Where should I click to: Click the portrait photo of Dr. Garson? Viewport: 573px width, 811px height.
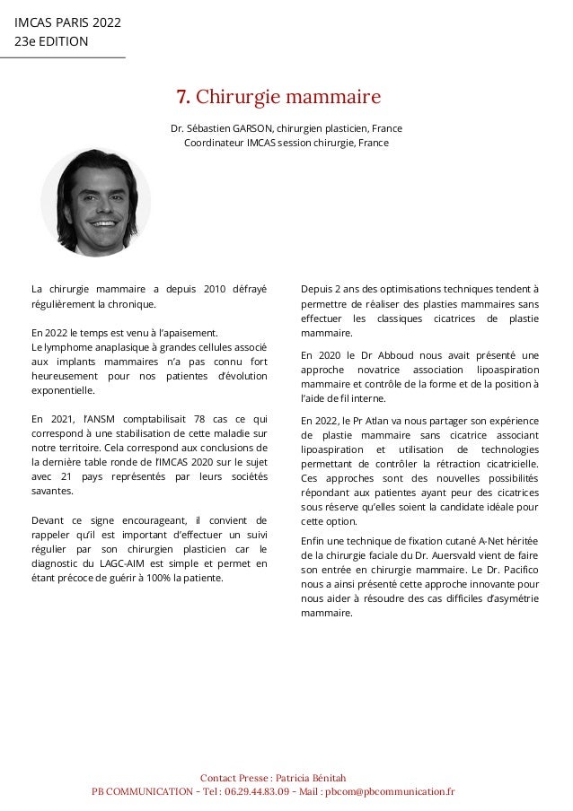[96, 203]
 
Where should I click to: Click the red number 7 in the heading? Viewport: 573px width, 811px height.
[181, 97]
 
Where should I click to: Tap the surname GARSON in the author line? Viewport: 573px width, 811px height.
[262, 128]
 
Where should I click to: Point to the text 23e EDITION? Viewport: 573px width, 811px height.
[51, 40]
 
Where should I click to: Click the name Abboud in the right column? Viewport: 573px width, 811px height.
[387, 354]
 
